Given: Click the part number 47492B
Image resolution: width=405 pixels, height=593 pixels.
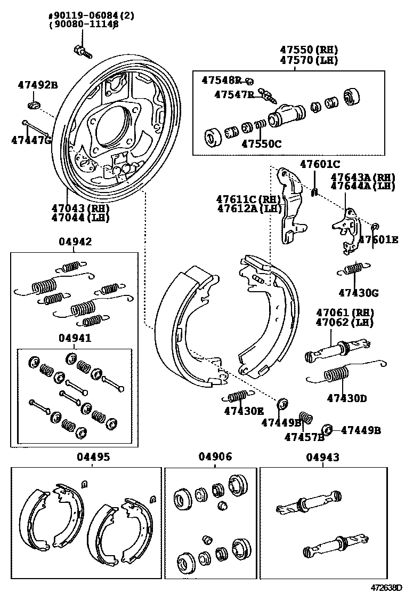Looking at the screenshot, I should click(x=36, y=85).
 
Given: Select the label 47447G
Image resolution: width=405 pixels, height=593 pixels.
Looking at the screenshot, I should click(x=31, y=140).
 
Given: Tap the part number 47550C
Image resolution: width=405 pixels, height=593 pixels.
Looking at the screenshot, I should click(x=261, y=143).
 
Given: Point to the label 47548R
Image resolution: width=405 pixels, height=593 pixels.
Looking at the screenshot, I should click(x=221, y=80).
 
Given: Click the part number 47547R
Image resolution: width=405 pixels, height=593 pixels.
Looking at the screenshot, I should click(x=234, y=94).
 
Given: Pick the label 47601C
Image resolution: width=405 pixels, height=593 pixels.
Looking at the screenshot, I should click(x=320, y=164).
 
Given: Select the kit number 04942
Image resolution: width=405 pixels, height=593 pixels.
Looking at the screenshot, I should click(x=75, y=242).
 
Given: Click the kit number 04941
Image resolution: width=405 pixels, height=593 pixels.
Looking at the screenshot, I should click(x=75, y=338).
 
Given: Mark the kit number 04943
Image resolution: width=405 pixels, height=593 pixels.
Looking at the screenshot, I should click(x=322, y=457).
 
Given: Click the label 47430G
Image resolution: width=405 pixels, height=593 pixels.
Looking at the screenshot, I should click(x=358, y=292).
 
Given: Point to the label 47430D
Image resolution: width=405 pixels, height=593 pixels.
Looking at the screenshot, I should click(x=347, y=398).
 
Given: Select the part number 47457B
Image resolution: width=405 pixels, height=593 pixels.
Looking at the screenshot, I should click(x=304, y=437).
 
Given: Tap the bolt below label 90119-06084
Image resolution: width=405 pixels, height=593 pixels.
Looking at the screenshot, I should click(x=82, y=51).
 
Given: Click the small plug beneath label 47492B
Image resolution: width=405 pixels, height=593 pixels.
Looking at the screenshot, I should click(x=34, y=103).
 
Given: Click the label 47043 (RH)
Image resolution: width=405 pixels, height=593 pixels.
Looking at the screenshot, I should click(x=80, y=208).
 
